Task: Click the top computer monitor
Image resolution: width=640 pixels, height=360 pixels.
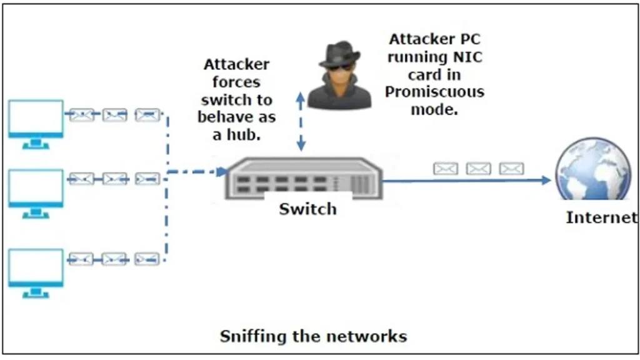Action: click(36, 119)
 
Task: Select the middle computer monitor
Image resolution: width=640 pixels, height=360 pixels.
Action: click(36, 188)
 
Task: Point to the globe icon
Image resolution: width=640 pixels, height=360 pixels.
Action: click(594, 170)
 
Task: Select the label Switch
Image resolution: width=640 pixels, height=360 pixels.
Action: click(307, 209)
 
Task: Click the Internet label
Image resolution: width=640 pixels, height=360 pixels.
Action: click(601, 217)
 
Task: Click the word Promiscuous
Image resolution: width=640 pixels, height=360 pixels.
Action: click(434, 92)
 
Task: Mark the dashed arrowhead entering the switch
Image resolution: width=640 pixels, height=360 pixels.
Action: click(222, 171)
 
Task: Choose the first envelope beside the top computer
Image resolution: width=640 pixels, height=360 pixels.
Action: click(81, 114)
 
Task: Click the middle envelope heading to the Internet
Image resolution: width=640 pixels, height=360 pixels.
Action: click(479, 169)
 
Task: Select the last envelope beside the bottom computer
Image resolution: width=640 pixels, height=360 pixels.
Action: click(147, 259)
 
